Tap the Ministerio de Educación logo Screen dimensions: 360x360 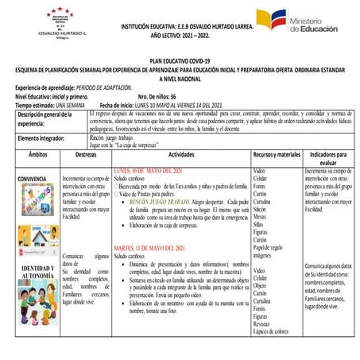click(x=306, y=21)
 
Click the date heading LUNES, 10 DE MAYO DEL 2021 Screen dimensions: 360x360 click(x=149, y=171)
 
